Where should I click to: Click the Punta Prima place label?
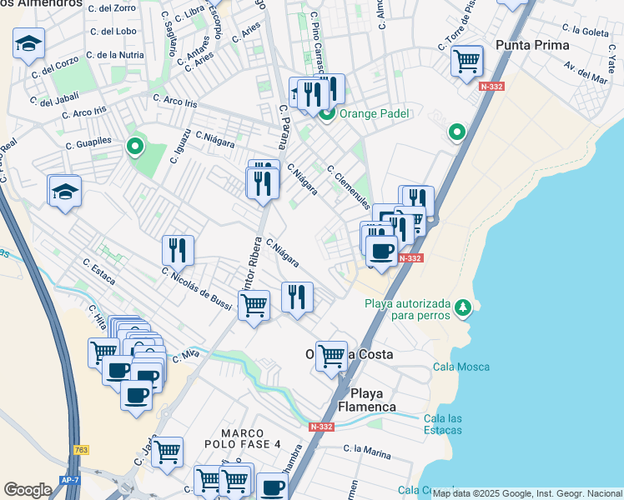pyautogui.click(x=531, y=45)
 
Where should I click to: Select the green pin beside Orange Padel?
pyautogui.click(x=328, y=113)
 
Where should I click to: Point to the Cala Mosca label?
pyautogui.click(x=461, y=367)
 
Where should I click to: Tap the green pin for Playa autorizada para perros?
pyautogui.click(x=464, y=309)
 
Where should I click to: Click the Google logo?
pyautogui.click(x=28, y=489)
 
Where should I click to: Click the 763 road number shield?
pyautogui.click(x=81, y=450)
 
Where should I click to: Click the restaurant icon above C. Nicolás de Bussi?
pyautogui.click(x=178, y=250)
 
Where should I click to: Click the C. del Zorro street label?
pyautogui.click(x=116, y=7)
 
